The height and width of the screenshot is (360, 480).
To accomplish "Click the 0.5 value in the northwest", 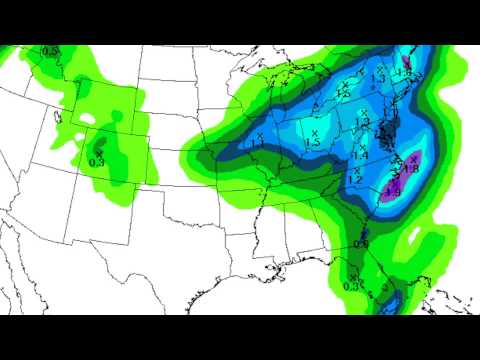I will click(50, 50).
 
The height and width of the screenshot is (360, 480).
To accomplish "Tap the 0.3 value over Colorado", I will click(97, 161).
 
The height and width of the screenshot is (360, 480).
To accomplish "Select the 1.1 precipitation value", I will click(258, 144).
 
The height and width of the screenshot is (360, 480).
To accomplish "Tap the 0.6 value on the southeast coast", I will click(361, 244).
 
